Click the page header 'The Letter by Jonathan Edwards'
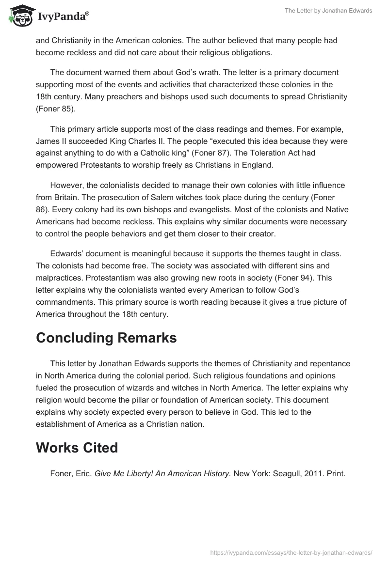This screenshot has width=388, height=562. point(328,11)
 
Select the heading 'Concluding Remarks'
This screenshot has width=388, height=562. point(106,338)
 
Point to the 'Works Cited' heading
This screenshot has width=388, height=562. point(77,448)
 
